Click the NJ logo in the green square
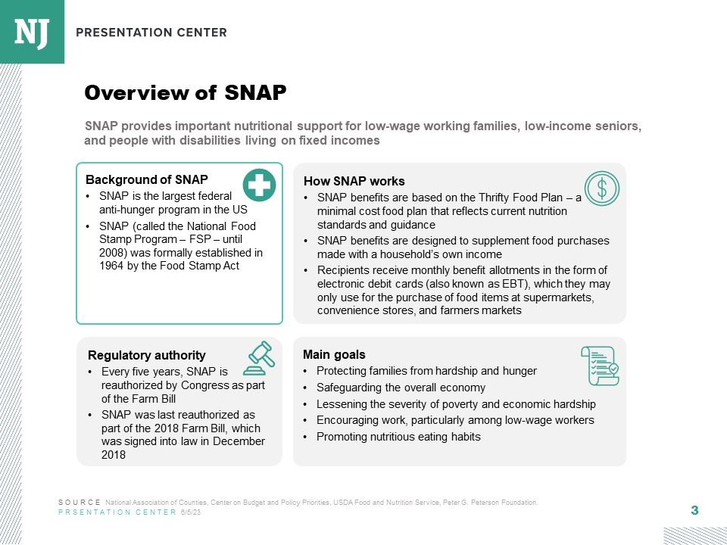coord(32,31)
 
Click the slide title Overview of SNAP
coord(186,92)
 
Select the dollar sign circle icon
coord(602,189)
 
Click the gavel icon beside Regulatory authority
coord(259,358)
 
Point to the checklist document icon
coord(599,366)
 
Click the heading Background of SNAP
coord(146,179)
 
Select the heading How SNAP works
coord(354,181)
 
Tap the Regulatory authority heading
coord(146,355)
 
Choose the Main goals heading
coord(334,354)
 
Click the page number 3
coord(694,510)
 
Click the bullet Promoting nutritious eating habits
coord(398,437)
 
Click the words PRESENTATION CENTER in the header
coord(151,33)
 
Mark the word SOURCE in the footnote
coord(79,503)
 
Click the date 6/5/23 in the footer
coord(191,512)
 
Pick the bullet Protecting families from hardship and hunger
coord(426,371)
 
